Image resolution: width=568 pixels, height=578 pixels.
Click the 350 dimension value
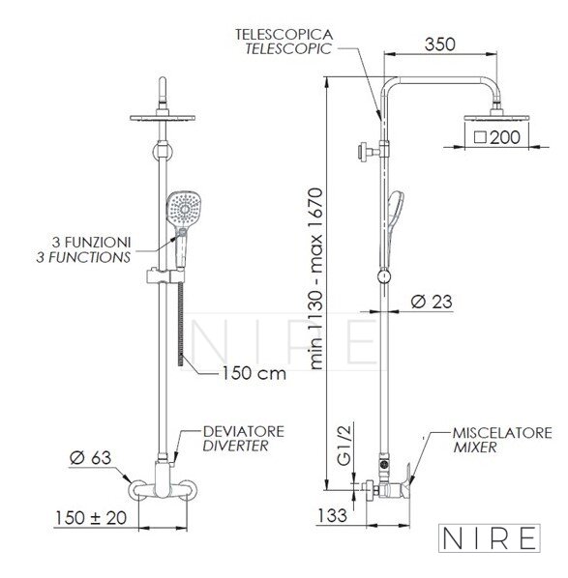[439, 44]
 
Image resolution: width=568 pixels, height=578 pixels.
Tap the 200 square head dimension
[497, 137]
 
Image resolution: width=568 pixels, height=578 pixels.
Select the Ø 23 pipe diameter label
[432, 302]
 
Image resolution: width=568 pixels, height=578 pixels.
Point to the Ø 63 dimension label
[90, 458]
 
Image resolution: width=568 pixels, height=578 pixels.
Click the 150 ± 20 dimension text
[91, 517]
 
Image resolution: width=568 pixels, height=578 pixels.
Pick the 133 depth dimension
[332, 515]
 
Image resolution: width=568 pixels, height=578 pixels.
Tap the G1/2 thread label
[344, 444]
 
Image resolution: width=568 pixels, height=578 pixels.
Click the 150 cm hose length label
[254, 373]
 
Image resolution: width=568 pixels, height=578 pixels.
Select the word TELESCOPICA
[284, 35]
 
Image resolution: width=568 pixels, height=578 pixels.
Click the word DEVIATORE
[244, 432]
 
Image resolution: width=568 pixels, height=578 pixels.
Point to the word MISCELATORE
[502, 433]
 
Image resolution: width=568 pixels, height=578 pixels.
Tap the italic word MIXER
[475, 448]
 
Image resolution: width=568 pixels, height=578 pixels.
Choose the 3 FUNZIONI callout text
[92, 243]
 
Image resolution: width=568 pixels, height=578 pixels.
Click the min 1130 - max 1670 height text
[316, 278]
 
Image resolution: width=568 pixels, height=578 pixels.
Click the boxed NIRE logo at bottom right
[490, 538]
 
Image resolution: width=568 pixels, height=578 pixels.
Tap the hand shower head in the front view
[184, 208]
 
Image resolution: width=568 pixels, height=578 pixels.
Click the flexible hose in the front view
[181, 325]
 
